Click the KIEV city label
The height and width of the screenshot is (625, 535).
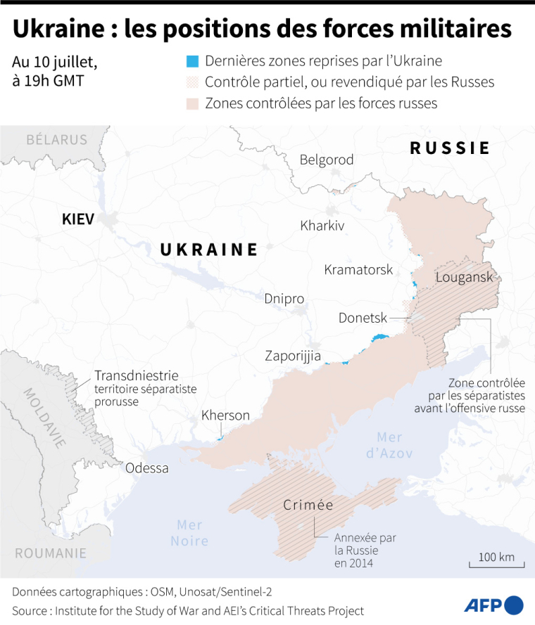point(77,219)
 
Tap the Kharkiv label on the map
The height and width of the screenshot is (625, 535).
point(322,226)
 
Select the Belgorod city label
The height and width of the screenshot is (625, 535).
point(327,160)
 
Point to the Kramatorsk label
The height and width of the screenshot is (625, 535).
point(358,269)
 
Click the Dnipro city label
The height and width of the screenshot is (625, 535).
point(284,299)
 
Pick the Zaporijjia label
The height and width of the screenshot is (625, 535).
point(293,356)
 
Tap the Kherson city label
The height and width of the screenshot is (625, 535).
point(225,415)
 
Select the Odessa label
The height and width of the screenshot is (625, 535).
point(147,468)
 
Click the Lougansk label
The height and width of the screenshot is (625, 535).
point(465,276)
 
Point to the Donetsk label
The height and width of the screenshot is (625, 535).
point(363,318)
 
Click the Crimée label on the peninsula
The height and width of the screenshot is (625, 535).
point(308,505)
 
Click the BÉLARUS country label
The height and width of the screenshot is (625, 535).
point(56,139)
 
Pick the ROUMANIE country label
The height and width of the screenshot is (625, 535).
point(51,553)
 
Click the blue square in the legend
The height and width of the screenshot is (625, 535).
point(193,62)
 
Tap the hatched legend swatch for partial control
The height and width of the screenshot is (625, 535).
point(193,82)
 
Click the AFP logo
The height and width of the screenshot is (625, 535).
point(493,605)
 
